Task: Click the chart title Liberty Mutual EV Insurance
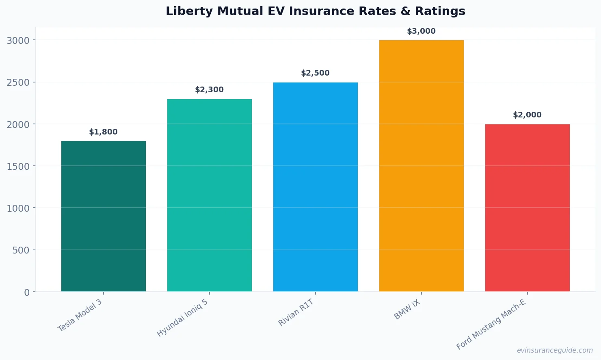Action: pos(315,11)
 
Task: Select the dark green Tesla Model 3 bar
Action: pos(104,216)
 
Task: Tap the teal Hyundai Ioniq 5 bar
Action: pos(210,195)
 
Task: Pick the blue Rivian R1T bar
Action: pos(316,187)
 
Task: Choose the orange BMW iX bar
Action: pos(422,166)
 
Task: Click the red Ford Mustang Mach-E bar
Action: pos(527,208)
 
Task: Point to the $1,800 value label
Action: pos(104,132)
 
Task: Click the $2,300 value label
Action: pos(210,90)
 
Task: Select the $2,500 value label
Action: pos(316,73)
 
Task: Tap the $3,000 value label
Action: pos(422,31)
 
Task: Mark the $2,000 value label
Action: pos(527,115)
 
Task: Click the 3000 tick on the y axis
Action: pos(18,41)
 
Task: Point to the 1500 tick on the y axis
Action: pos(18,167)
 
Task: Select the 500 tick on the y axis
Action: pos(21,250)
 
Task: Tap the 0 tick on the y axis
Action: pos(27,293)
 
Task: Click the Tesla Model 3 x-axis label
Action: pos(80,316)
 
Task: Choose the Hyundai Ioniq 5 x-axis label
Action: pos(183,318)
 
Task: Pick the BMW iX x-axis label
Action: pos(407,310)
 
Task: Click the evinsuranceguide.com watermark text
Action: pos(555,350)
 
